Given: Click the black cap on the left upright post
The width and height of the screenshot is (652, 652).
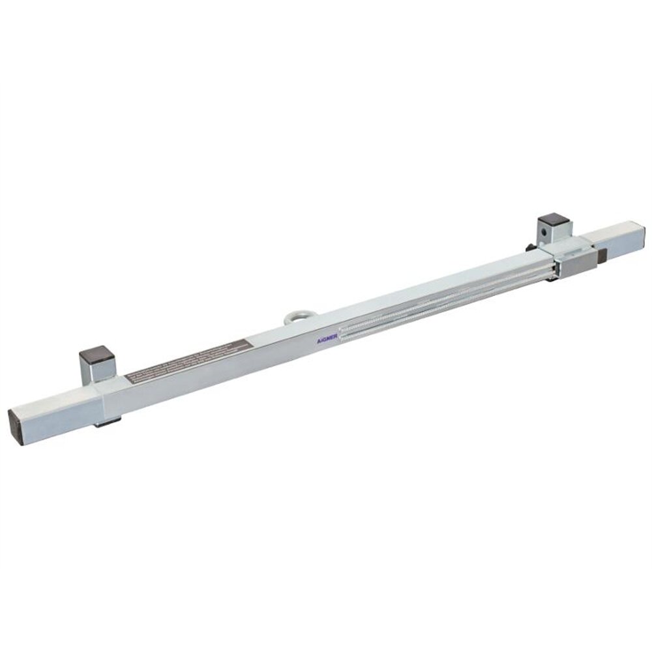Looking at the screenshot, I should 96,356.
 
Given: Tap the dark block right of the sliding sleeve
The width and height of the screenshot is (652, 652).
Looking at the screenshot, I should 602,256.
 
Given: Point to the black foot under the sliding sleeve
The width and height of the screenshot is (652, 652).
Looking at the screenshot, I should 552,278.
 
